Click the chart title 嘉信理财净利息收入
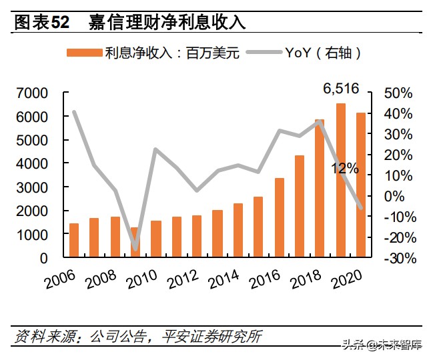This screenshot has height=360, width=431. pos(167,22)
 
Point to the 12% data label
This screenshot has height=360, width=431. pos(344,169)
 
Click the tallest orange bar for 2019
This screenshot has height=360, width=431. pos(341,180)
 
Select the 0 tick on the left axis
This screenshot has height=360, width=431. pos(44,258)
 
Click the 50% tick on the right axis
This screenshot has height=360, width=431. pos(399,93)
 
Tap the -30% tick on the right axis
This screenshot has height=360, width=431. pos(398,258)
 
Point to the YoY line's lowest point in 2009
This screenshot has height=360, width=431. pos(135,249)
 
